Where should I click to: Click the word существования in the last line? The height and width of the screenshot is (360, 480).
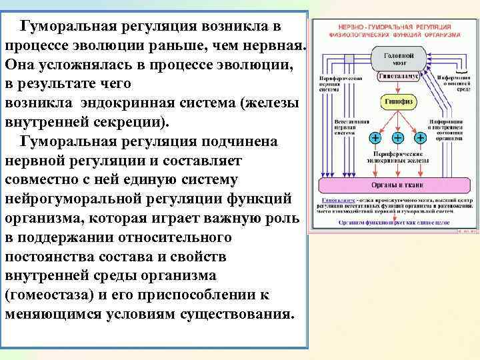[x=230, y=314]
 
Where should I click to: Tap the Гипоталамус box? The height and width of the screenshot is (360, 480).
[x=397, y=77]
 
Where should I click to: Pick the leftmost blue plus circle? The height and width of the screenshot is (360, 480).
[x=376, y=138]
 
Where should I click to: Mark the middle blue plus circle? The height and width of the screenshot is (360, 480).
[x=398, y=138]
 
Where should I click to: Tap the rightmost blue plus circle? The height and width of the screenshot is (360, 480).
[x=420, y=138]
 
